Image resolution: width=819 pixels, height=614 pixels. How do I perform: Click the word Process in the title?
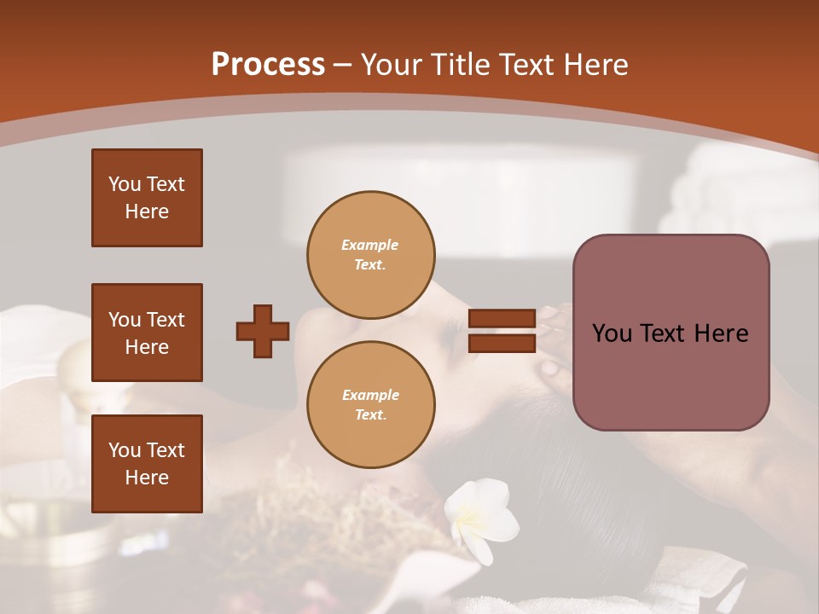coord(268,65)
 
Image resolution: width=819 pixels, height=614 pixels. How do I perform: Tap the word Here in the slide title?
coord(591,65)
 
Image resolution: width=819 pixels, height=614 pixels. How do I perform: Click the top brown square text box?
coord(147,198)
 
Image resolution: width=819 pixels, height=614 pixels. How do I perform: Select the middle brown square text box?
coord(147,333)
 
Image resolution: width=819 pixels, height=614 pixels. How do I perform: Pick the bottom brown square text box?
coord(147,464)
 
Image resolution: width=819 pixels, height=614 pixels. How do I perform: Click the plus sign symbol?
coord(263,331)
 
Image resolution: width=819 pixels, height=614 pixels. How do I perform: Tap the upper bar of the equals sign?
coord(502,319)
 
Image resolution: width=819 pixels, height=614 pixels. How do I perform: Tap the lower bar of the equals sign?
coord(502,344)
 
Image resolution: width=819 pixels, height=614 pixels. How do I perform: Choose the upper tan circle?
coord(370,255)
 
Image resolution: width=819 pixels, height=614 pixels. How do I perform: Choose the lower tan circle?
coord(370,405)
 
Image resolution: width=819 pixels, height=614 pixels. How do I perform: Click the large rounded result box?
coord(671,333)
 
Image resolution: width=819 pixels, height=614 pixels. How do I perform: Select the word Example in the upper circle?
coord(370,245)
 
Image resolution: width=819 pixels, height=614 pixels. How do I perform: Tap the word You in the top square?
coord(123,184)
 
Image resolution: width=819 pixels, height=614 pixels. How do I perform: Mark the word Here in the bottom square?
coord(147,478)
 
